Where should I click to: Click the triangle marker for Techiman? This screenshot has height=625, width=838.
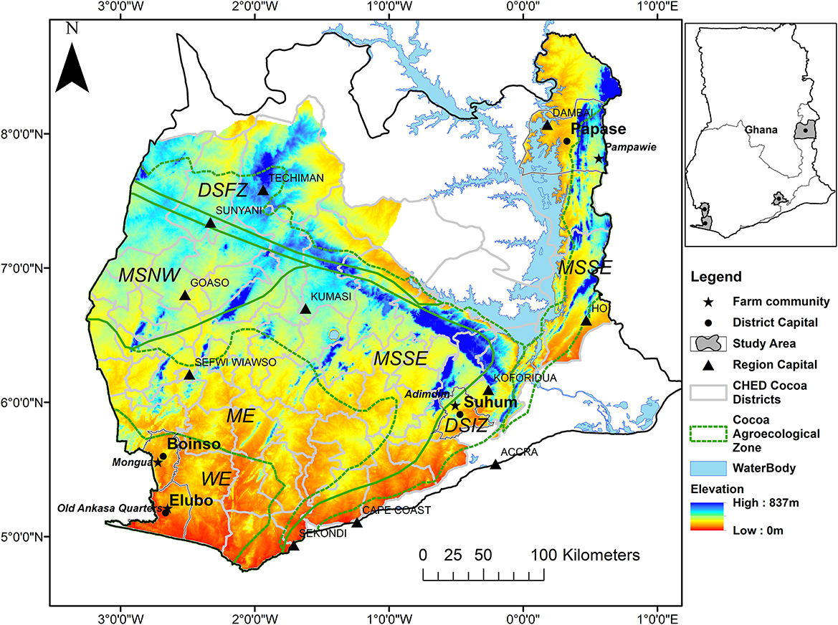tap(263, 190)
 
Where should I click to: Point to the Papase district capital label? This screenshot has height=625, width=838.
tap(598, 129)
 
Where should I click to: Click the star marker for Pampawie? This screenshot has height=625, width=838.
tap(599, 158)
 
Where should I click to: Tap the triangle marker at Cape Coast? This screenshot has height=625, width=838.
tap(356, 523)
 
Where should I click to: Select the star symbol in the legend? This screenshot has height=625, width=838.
tap(708, 301)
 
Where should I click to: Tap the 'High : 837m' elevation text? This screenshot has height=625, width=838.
tap(761, 503)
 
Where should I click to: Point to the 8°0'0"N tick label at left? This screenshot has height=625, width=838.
tap(24, 133)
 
